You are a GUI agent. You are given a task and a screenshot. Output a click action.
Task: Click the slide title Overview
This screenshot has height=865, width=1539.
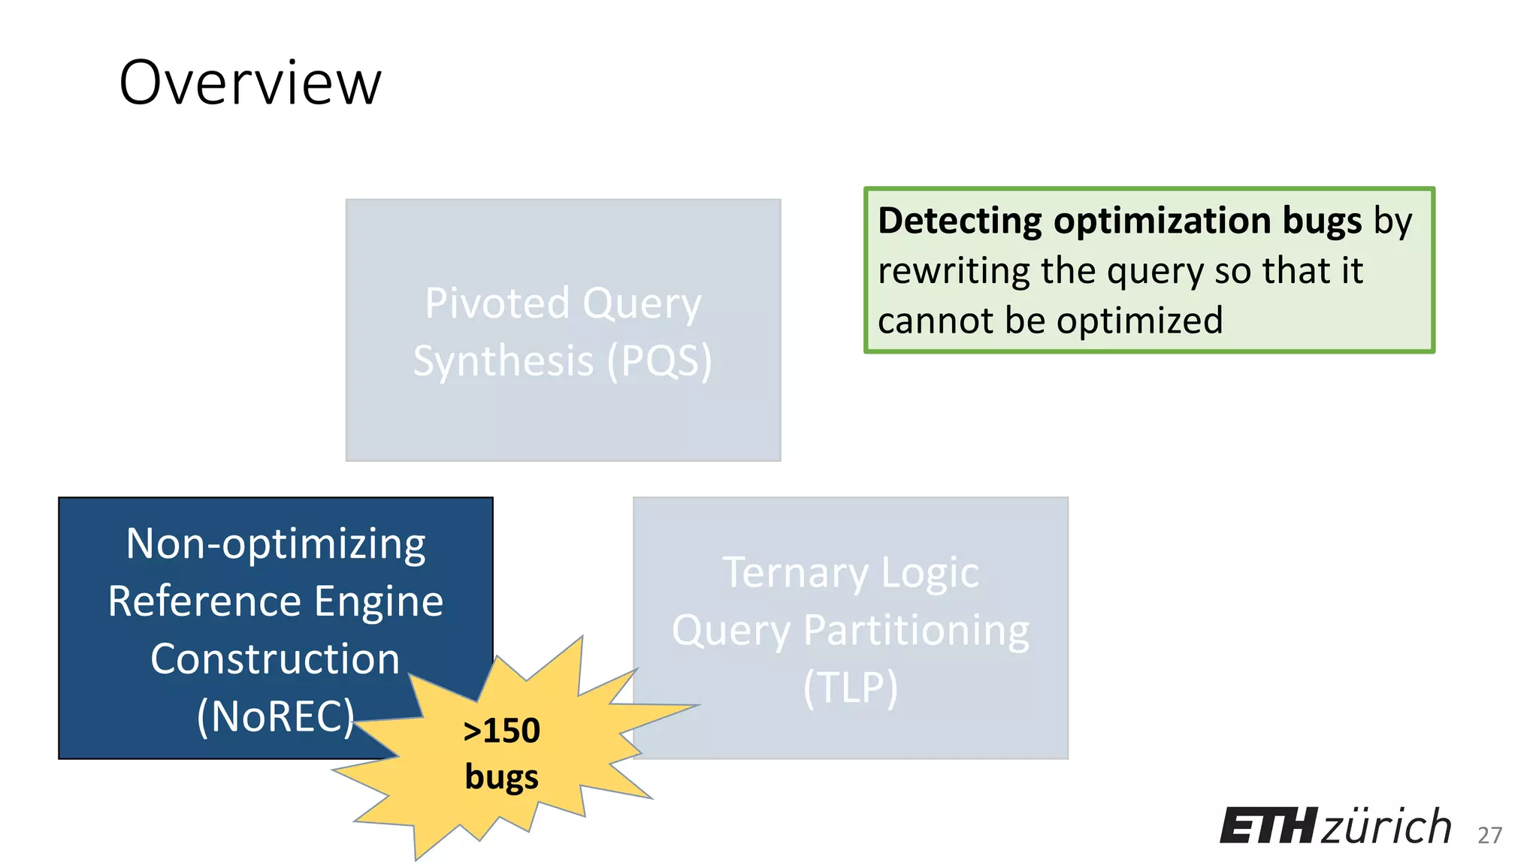pyautogui.click(x=250, y=83)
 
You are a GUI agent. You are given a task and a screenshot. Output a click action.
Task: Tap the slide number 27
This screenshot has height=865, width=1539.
pyautogui.click(x=1489, y=835)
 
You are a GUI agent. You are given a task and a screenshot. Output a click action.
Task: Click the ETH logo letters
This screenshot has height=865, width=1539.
pyautogui.click(x=1268, y=826)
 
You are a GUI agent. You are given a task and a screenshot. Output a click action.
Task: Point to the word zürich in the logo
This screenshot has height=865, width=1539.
pyautogui.click(x=1386, y=826)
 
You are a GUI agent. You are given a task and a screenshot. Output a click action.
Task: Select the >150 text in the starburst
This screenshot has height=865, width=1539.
pyautogui.click(x=501, y=731)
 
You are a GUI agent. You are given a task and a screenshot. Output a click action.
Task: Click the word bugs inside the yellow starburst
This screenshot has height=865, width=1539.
pyautogui.click(x=501, y=777)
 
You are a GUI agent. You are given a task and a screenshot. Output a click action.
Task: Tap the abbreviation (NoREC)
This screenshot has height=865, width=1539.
pyautogui.click(x=275, y=716)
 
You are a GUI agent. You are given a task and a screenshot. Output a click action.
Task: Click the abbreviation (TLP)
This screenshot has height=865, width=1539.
pyautogui.click(x=850, y=687)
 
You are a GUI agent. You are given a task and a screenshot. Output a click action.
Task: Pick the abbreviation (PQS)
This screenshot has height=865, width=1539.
pyautogui.click(x=659, y=361)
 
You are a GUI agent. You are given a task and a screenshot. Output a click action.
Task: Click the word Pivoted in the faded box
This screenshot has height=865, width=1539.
pyautogui.click(x=497, y=303)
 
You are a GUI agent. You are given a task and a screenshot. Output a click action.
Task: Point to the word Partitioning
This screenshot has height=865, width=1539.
pyautogui.click(x=916, y=630)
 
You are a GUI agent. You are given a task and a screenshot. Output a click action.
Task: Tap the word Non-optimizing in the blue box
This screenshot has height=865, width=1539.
pyautogui.click(x=276, y=544)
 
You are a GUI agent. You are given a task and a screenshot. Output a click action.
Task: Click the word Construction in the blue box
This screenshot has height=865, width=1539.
pyautogui.click(x=275, y=659)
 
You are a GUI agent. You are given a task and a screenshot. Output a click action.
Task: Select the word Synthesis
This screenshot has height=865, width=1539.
pyautogui.click(x=503, y=361)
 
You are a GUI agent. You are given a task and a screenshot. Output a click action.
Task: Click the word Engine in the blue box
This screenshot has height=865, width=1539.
pyautogui.click(x=379, y=601)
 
